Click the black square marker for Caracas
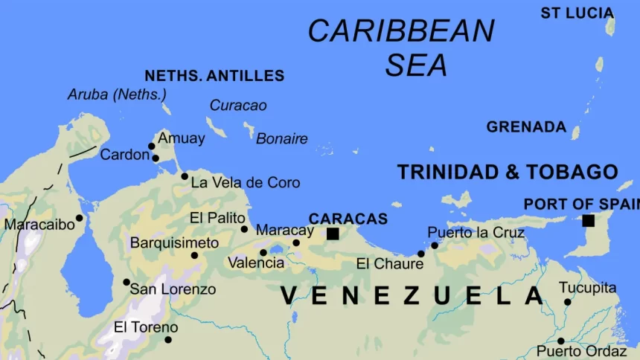[333, 234]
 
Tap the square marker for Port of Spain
[589, 220]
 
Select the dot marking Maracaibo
[80, 218]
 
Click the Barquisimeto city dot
[194, 255]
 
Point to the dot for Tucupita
[567, 302]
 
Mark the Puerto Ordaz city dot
[560, 341]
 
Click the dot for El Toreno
[167, 340]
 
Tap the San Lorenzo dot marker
[127, 282]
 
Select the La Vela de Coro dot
[185, 176]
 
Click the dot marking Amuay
[152, 146]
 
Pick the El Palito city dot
[244, 229]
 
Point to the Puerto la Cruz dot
[435, 245]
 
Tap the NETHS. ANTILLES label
[214, 76]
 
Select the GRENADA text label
[526, 127]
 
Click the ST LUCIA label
[577, 13]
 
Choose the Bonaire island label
[282, 139]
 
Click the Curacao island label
[238, 106]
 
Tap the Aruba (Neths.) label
[117, 94]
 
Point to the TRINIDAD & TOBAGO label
[508, 172]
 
